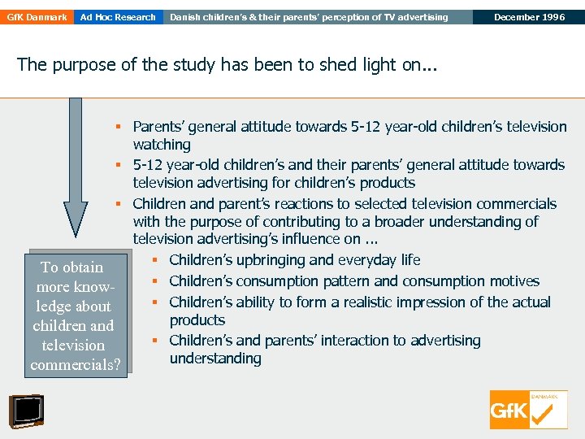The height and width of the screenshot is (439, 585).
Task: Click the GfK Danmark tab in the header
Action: [x=37, y=17]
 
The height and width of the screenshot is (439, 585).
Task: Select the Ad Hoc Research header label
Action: [x=118, y=17]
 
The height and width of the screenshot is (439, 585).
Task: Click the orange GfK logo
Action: [x=528, y=411]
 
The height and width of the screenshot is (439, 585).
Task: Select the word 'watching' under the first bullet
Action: [x=162, y=145]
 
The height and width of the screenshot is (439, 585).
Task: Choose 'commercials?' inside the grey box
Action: [x=76, y=365]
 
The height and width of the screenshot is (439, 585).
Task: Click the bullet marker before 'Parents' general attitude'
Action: [x=118, y=127]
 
